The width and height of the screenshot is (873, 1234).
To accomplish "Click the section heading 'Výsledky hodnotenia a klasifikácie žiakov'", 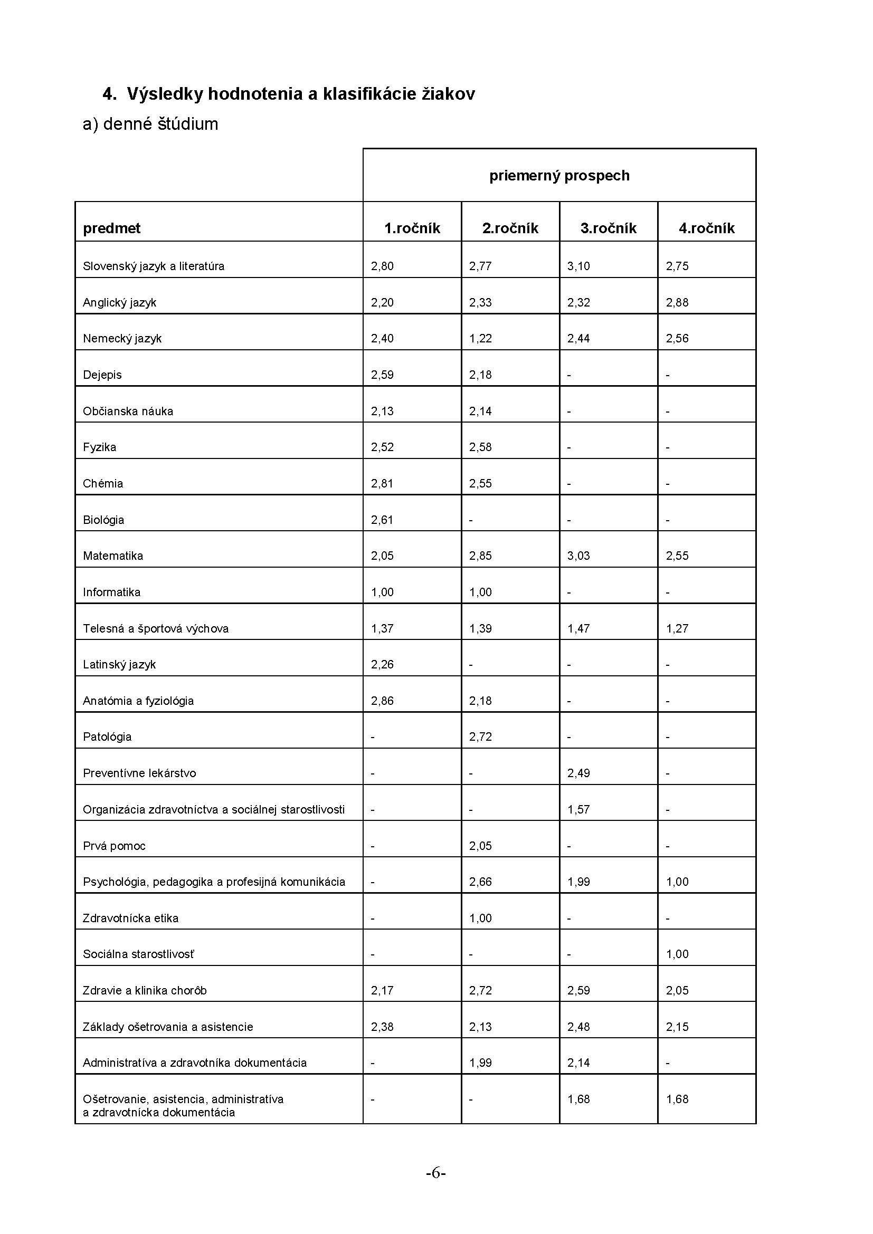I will coord(300,94).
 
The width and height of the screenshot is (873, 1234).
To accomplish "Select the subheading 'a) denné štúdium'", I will coord(150,124).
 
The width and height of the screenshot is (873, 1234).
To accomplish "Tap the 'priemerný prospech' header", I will coord(559,176).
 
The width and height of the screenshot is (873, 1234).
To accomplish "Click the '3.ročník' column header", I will coord(608,228).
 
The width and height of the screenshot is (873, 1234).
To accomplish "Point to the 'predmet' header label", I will coord(111,228).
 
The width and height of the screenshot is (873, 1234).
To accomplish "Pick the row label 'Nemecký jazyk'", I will coord(122,339).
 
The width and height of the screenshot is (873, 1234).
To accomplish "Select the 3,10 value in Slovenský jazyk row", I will coord(578,266).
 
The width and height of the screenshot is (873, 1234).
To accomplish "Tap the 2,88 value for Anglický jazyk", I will coord(677,303).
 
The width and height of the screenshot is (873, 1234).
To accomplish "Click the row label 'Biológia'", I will coord(103,520).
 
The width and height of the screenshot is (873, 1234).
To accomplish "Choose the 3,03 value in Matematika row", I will coord(578,556).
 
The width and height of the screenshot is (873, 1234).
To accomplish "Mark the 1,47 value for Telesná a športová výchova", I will coord(578,628).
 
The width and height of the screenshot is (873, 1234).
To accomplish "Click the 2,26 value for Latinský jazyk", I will coord(382,664).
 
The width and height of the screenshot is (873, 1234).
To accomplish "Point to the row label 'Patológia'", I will coord(107,737).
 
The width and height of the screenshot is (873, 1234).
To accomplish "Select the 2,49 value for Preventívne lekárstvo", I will coord(578,773).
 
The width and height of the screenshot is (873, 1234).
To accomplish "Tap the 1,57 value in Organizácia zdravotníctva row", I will coord(578,809).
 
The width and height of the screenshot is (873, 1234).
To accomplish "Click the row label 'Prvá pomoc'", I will coord(114,846).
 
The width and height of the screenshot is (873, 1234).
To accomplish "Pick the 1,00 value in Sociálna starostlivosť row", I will coord(677,954).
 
